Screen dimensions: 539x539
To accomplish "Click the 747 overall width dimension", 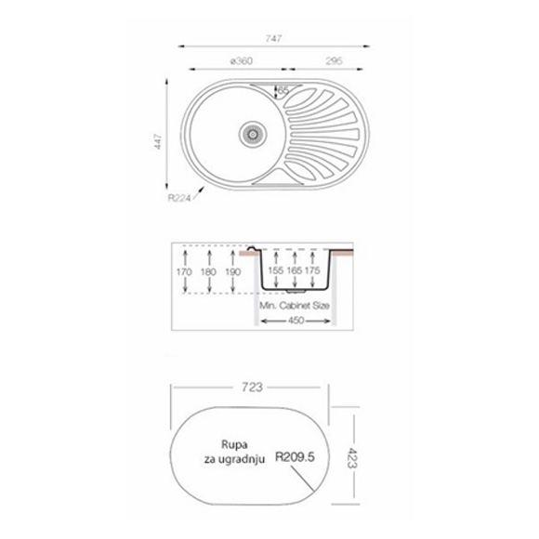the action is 273,38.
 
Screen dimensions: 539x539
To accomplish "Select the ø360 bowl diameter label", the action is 242,60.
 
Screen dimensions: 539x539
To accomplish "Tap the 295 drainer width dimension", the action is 334,60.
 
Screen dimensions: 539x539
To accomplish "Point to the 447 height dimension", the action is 158,141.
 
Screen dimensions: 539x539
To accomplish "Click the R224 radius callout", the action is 178,198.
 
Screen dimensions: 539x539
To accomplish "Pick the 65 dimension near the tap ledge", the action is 283,90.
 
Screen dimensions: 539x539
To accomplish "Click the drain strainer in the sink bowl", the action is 253,134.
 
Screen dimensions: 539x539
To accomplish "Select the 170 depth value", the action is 184,272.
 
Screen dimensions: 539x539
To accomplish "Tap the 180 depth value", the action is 208,272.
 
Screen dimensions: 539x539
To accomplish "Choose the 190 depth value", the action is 232,272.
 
